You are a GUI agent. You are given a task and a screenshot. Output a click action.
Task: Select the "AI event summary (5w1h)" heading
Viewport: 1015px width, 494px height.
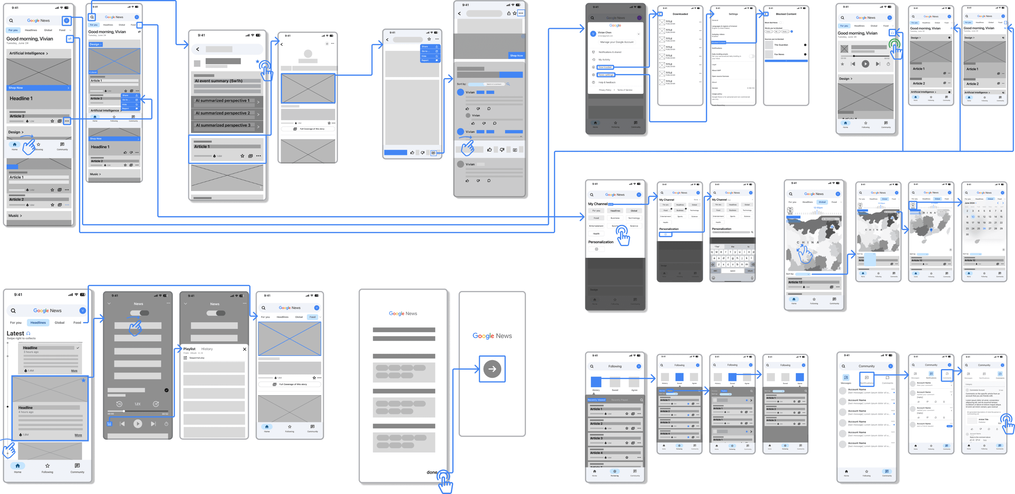219,81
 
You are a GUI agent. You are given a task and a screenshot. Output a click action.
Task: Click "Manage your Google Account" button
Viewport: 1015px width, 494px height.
617,42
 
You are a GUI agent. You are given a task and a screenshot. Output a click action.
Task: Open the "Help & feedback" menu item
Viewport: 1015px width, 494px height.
607,82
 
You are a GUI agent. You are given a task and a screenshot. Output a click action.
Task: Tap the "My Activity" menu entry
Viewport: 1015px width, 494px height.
604,59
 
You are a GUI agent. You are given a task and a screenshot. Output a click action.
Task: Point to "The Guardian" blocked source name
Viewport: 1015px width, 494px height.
781,45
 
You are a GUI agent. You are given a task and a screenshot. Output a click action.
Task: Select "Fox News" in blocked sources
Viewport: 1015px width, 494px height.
779,55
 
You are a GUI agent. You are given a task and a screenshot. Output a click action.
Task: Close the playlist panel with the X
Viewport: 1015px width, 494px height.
245,349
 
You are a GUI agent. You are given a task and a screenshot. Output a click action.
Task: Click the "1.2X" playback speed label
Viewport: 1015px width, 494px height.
138,404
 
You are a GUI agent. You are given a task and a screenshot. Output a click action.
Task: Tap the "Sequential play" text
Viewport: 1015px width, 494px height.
197,358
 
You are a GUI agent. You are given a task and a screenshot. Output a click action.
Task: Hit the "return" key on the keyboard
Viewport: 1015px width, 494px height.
750,271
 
